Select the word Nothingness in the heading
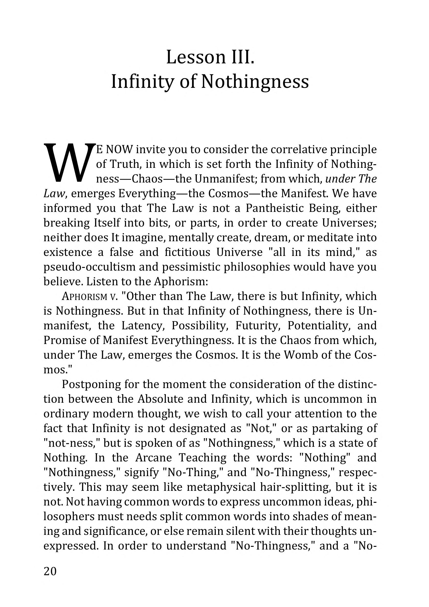click(x=255, y=82)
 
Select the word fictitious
click(x=187, y=252)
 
